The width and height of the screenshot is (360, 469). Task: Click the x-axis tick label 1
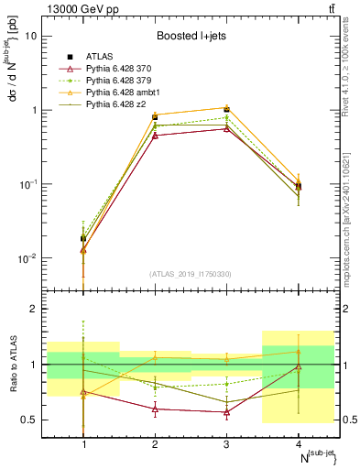pos(84,443)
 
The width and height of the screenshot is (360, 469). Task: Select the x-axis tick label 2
pos(155,443)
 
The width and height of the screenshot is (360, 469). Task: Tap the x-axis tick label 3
pos(226,443)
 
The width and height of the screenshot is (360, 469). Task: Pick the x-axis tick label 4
pos(298,443)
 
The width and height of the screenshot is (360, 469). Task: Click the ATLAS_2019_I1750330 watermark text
pos(191,274)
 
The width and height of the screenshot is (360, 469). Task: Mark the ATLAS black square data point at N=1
pos(84,238)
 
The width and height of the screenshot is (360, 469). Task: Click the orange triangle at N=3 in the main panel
pos(226,108)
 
